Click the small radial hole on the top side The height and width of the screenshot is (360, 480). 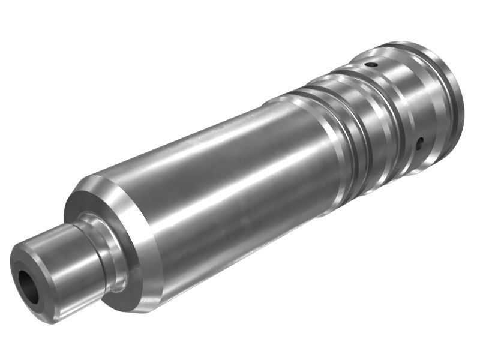pyautogui.click(x=373, y=64)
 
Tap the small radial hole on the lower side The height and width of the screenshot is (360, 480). pyautogui.click(x=420, y=143)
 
